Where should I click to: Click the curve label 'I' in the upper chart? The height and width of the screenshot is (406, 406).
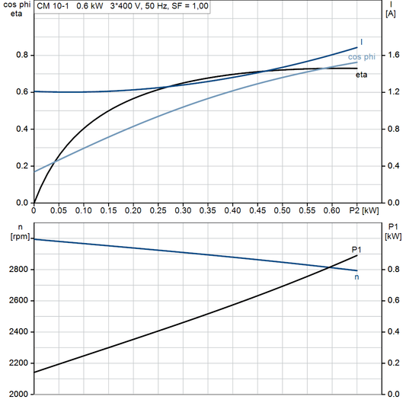pos(361,41)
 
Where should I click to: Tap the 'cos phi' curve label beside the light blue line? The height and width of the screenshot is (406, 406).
pos(362,56)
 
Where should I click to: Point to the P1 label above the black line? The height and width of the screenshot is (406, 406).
pos(356,249)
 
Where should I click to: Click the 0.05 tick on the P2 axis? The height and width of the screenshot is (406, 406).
pos(59,209)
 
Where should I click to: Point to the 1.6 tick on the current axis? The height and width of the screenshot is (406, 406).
pos(393,56)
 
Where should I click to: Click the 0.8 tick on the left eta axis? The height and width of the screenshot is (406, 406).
pos(23,56)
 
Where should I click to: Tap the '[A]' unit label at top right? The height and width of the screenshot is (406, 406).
pos(391,14)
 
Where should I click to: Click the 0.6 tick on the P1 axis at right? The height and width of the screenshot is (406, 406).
pos(393,301)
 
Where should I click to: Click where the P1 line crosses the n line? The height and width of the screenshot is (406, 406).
pos(329,266)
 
